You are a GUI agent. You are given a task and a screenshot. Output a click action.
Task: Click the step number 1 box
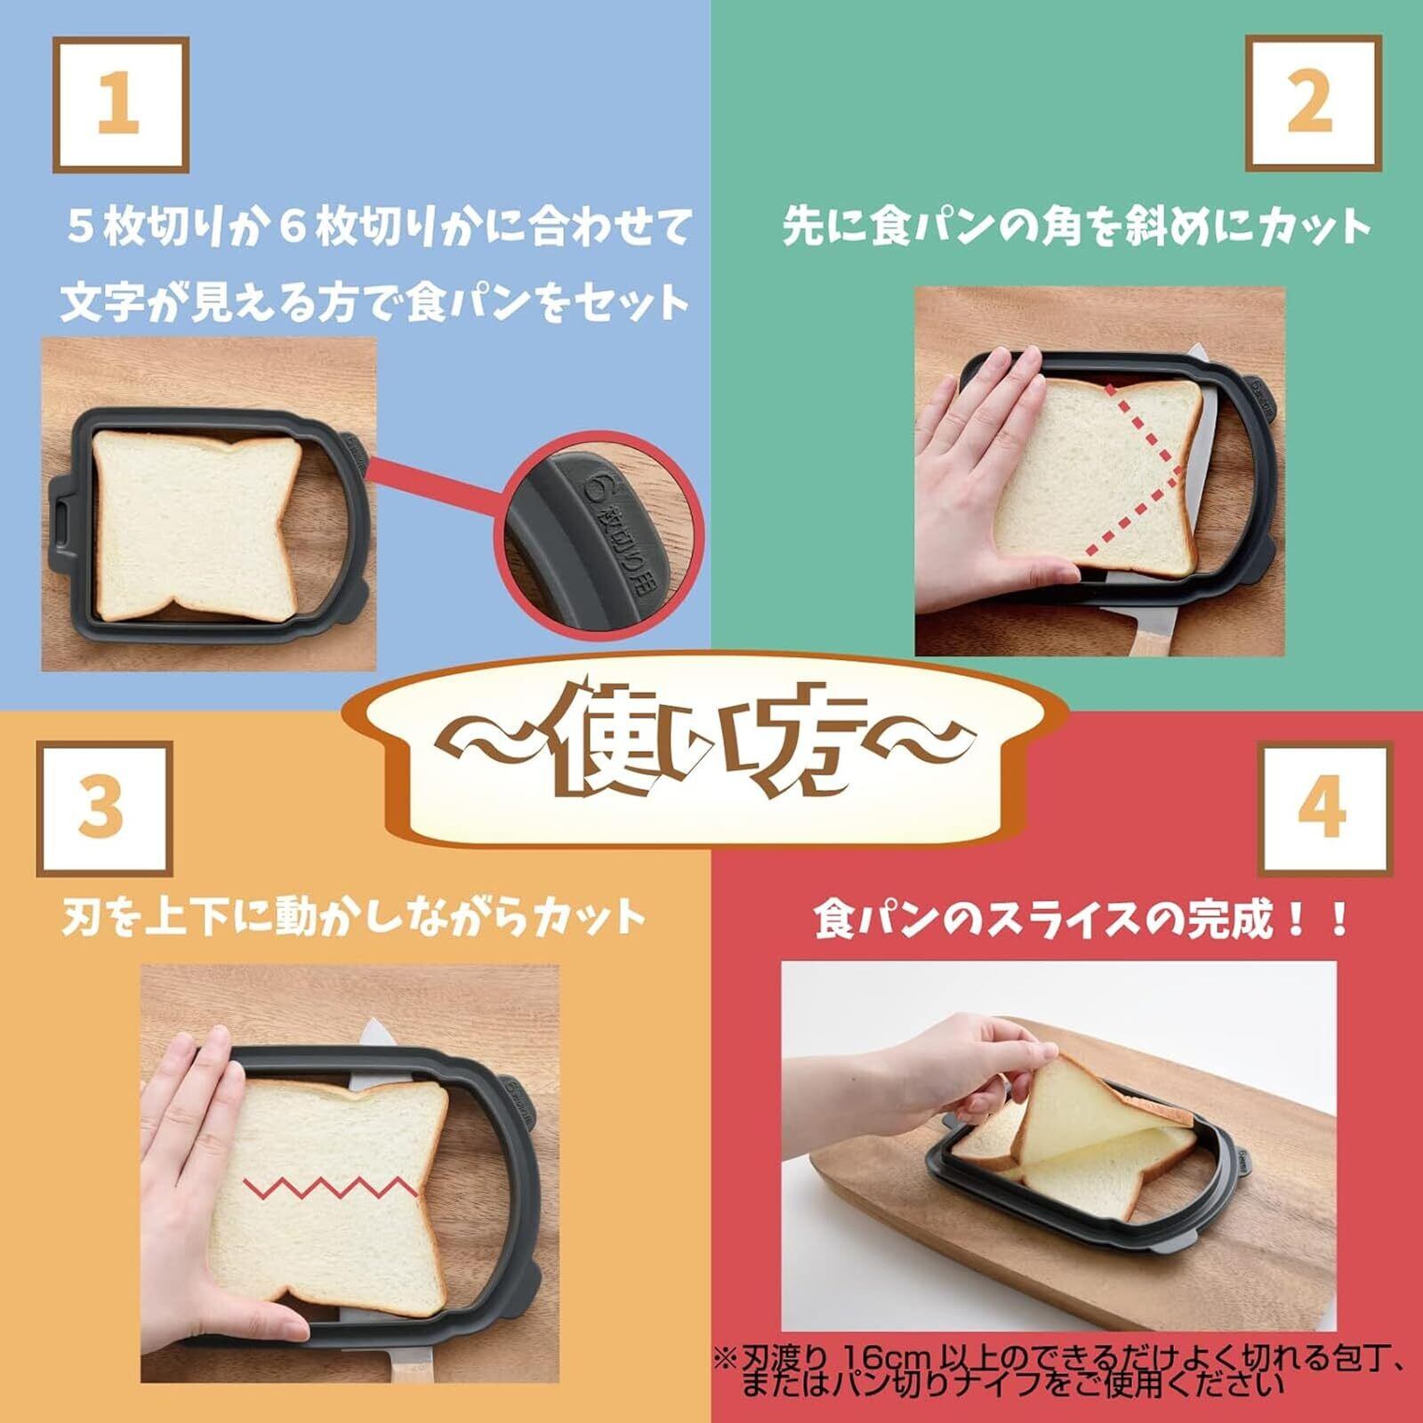tap(121, 105)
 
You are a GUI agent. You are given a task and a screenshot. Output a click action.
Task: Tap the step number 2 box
tap(1313, 103)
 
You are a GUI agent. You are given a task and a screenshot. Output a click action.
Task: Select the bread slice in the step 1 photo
tap(197, 527)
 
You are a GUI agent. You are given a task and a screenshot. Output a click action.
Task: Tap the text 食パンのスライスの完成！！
tap(1080, 920)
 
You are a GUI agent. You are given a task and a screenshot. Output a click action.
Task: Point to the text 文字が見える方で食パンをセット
tap(374, 303)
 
